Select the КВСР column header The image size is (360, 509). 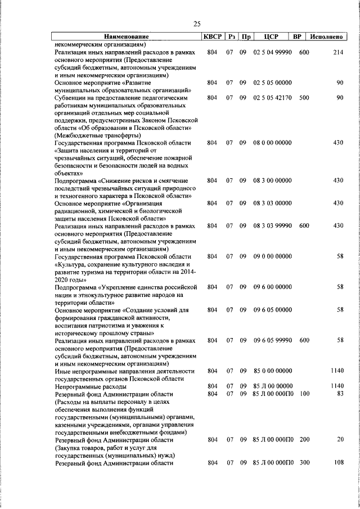point(212,37)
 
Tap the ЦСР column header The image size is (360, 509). point(267,37)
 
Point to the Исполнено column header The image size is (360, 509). point(327,37)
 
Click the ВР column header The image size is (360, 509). point(298,37)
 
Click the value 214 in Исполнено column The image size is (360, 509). point(337,52)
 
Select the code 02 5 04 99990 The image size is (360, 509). point(273,52)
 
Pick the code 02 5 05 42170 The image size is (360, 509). point(273,97)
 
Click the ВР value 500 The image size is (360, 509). point(304,97)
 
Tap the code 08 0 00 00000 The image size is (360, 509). point(273,143)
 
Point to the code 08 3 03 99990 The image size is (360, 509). point(273,226)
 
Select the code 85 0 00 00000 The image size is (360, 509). point(273,371)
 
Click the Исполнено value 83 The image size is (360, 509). point(339,394)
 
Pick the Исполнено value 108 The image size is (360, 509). point(337,463)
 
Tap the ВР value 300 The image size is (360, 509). point(304,463)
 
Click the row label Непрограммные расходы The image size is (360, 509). point(86,387)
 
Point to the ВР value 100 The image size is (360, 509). point(304,394)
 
